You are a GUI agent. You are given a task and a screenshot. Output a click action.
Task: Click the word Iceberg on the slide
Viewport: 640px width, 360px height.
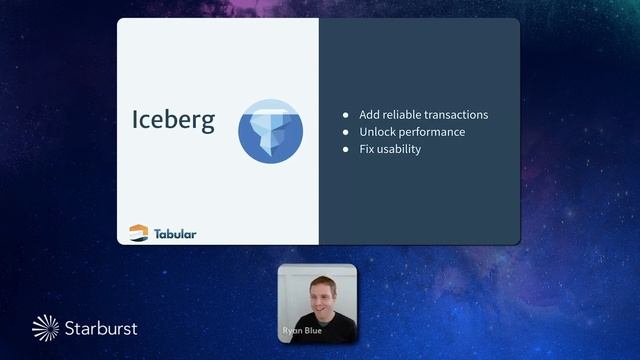173,120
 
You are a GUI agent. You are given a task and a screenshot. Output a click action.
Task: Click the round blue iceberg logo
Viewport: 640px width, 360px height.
270,131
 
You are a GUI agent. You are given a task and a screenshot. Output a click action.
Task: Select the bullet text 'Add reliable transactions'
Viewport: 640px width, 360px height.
423,115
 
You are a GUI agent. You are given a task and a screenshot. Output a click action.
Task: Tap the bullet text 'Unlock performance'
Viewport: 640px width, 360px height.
412,132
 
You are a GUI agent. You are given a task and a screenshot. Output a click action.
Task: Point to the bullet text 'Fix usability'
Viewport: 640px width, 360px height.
390,149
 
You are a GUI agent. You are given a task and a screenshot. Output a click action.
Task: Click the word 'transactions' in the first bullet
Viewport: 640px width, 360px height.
455,115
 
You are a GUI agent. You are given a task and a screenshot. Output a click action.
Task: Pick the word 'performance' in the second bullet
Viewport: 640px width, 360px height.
432,132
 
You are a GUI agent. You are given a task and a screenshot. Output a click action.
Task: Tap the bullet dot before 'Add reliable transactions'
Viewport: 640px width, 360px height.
346,115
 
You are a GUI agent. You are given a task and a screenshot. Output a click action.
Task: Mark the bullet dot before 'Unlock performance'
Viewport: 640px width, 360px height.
346,132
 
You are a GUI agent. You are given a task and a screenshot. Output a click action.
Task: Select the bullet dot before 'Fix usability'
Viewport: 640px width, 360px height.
346,149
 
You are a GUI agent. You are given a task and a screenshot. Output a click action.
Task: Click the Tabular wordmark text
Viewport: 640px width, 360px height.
175,234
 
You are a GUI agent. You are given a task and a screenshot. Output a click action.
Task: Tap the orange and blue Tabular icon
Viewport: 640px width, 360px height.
139,233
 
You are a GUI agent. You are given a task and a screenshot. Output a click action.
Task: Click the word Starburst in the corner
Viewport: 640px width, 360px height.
101,327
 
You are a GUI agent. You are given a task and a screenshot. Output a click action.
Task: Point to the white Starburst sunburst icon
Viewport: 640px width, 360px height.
46,327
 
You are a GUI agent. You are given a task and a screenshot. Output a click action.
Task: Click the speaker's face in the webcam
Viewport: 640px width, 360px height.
322,298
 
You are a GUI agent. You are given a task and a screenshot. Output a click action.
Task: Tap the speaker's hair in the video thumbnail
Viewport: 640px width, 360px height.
322,279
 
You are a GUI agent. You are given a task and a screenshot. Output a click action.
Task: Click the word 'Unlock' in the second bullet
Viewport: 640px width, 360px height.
378,132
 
